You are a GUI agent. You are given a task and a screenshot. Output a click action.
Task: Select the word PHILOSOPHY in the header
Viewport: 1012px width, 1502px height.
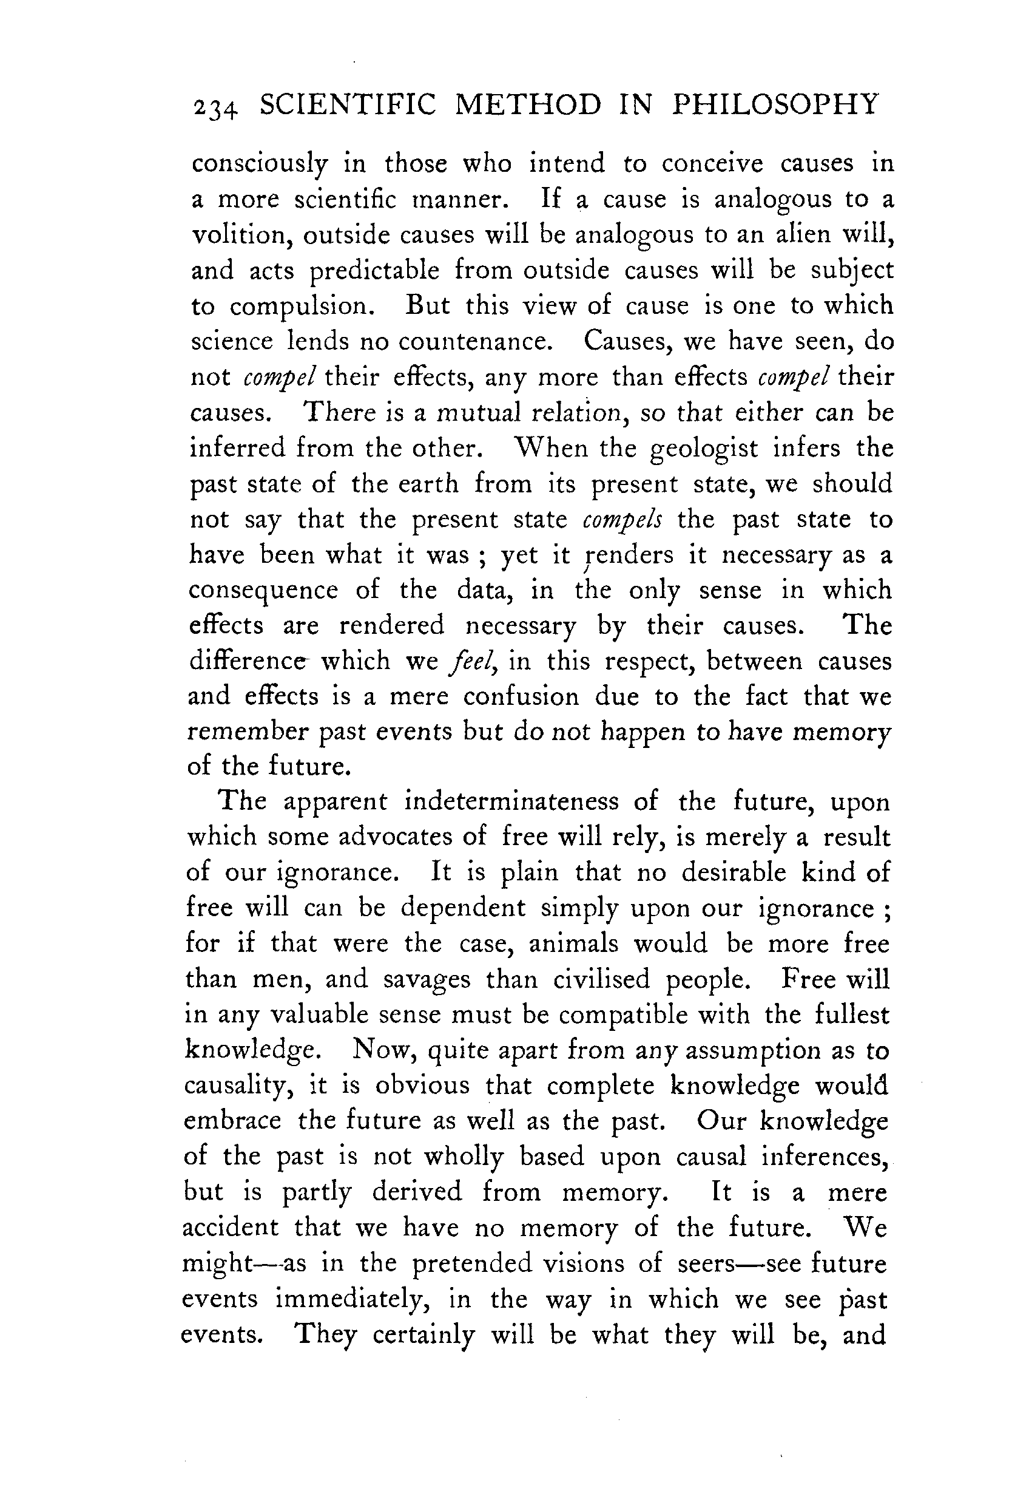pos(775,104)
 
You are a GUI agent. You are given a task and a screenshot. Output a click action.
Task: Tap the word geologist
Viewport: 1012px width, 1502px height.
pos(704,449)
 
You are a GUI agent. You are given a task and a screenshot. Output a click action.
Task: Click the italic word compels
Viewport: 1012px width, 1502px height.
pos(621,520)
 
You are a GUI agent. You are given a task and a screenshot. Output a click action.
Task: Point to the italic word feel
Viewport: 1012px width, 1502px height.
pos(476,661)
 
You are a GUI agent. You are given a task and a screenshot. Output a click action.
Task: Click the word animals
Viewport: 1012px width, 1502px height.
pos(573,944)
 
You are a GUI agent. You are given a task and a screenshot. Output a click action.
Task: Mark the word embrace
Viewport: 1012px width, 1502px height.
pos(232,1120)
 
